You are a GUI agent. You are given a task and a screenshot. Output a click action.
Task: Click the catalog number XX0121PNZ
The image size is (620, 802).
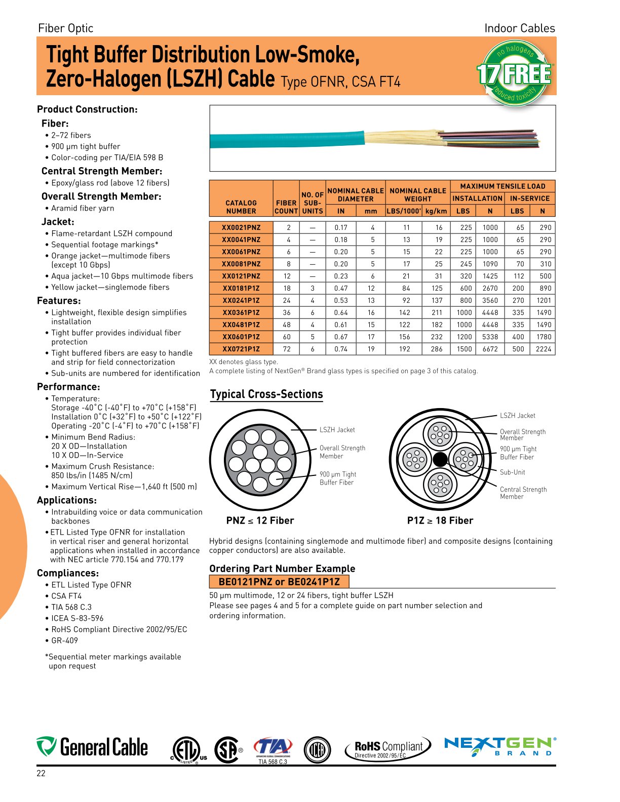[x=241, y=276]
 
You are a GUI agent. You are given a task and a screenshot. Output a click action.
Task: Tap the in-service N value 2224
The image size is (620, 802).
[x=543, y=349]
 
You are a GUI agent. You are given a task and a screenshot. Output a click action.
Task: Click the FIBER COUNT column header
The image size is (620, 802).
[x=286, y=207]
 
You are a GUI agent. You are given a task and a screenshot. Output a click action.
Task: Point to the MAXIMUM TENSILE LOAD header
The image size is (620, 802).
[x=502, y=186]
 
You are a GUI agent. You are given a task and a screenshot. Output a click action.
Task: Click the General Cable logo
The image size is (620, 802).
[x=92, y=747]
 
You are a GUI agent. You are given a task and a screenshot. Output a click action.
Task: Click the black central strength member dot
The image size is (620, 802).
[x=440, y=459]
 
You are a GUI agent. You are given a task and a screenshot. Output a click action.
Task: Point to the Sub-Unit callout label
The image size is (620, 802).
[x=512, y=472]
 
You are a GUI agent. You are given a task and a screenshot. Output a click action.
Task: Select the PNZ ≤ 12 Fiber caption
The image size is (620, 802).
[x=260, y=520]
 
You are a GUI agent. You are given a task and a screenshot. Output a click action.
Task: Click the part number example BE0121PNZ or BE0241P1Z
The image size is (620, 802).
[x=279, y=582]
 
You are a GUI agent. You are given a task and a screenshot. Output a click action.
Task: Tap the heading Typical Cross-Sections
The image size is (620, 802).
[x=266, y=394]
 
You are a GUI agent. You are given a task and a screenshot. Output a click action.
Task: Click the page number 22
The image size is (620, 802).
[x=41, y=773]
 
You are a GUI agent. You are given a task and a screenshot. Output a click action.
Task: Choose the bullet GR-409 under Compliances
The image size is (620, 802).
[x=64, y=640]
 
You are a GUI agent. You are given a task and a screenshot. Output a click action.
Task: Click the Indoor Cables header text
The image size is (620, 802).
[x=519, y=28]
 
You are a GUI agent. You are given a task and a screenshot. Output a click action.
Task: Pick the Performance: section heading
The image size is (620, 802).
[x=68, y=387]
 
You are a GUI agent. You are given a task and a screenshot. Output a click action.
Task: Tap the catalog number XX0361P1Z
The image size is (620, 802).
[x=241, y=312]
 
